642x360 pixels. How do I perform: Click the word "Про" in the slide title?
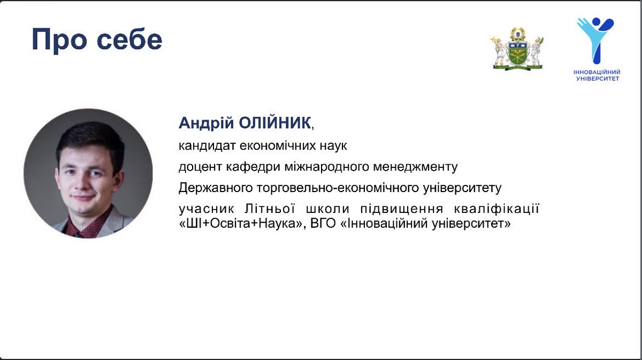point(59,40)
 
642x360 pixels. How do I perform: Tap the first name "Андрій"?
point(207,123)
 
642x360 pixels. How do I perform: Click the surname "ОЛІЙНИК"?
point(275,123)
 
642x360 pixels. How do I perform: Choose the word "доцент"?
point(200,167)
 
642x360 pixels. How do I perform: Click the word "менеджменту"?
point(415,167)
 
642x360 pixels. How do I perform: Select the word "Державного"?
point(216,188)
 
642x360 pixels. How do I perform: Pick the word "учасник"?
point(207,209)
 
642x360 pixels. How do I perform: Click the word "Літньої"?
point(270,209)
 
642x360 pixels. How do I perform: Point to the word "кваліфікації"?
point(496,209)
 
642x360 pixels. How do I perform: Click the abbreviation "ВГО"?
point(323,223)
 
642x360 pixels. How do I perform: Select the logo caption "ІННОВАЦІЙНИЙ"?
point(597,72)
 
